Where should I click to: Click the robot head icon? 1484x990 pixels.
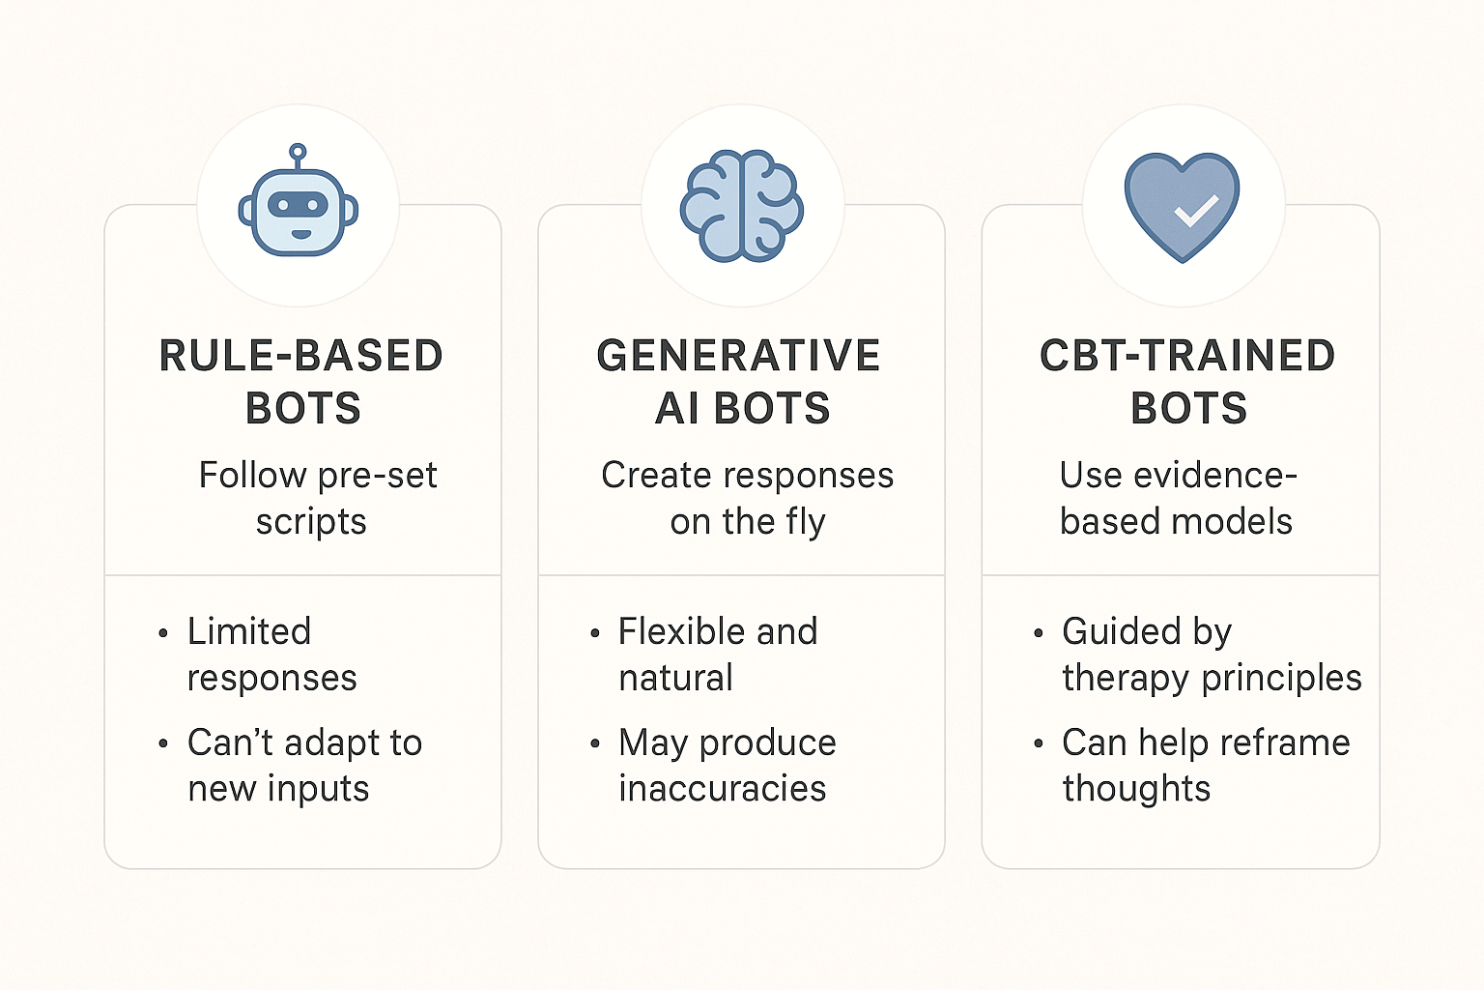point(299,212)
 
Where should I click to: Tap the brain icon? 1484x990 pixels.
point(742,206)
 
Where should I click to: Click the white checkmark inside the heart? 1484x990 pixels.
point(1196,210)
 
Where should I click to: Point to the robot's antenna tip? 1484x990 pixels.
point(299,152)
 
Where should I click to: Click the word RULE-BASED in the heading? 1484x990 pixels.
point(300,356)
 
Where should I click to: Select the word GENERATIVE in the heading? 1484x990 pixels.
point(738,356)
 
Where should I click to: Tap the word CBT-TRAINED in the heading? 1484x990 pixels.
point(1186,356)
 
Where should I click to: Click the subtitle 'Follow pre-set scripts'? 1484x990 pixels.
point(317,498)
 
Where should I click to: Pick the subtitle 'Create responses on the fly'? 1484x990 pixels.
point(747,498)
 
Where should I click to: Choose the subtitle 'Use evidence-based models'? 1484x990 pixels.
point(1177,498)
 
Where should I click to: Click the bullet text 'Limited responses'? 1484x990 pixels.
point(271,655)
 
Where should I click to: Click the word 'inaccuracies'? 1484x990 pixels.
point(723,789)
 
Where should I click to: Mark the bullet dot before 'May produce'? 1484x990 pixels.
point(595,744)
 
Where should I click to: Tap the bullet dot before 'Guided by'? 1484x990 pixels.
point(1039,634)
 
